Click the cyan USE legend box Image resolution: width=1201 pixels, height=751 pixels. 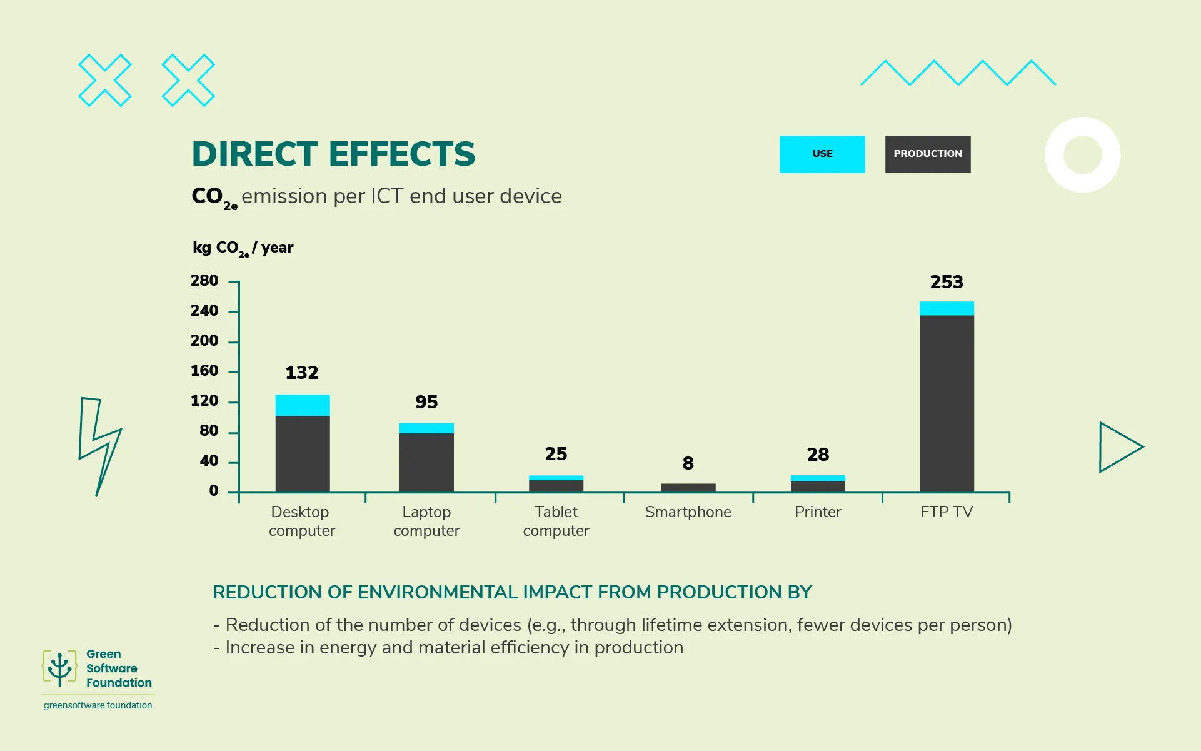coord(822,154)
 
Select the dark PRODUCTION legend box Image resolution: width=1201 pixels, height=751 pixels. coord(927,154)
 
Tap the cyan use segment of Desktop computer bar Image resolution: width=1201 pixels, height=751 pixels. coord(303,405)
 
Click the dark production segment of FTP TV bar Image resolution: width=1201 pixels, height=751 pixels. coord(946,403)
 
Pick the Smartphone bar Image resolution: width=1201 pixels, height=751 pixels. coord(688,488)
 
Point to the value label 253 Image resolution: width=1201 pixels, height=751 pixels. coord(946,282)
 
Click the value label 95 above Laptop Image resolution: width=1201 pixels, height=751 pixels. coord(426,402)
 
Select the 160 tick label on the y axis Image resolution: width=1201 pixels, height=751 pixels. coord(204,371)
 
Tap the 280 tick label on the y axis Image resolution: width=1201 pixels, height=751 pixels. coord(204,281)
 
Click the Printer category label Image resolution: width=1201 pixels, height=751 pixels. coord(817,512)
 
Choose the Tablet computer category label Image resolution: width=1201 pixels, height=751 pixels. coord(556,521)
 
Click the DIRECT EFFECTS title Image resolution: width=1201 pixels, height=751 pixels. coord(333,154)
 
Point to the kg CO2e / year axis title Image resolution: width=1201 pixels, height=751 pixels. coord(243,248)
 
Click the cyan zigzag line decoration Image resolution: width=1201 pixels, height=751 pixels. coord(958,73)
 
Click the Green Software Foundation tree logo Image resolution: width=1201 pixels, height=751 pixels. coord(59,668)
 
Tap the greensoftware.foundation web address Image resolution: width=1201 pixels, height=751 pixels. coord(98,705)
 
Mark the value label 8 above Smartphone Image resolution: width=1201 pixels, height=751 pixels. coord(688,463)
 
